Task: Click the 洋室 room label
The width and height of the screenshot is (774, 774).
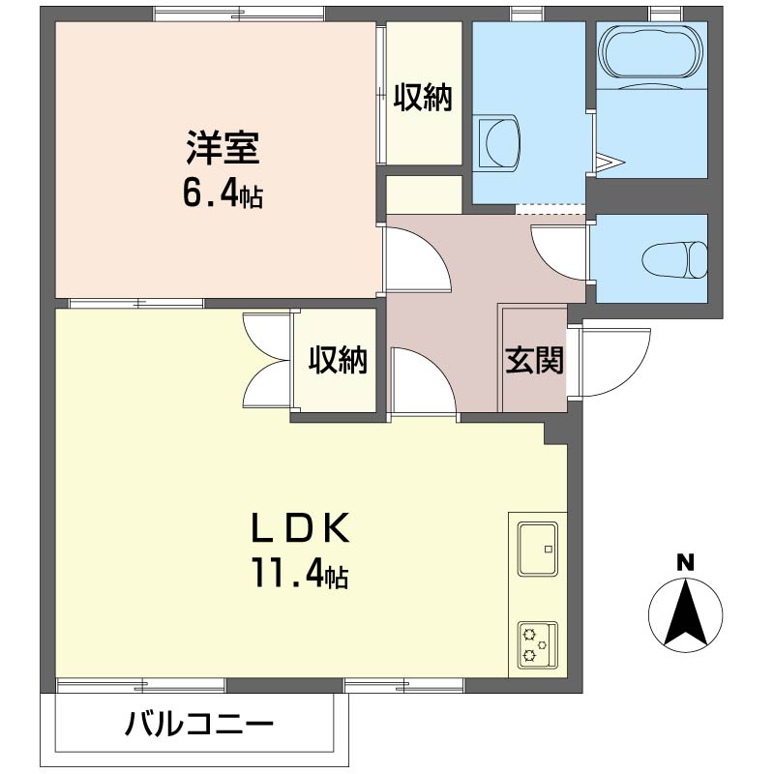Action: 223,147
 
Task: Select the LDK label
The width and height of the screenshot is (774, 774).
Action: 301,527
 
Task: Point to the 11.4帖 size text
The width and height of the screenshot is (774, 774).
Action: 301,573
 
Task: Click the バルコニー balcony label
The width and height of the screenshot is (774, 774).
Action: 199,725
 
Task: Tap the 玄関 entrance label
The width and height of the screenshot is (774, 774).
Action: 535,360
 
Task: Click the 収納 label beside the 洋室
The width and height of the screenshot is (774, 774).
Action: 423,98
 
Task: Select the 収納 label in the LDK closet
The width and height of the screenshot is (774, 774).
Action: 338,360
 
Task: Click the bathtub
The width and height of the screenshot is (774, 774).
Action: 651,51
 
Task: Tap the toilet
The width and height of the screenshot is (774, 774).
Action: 675,258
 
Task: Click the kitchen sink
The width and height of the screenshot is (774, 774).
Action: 538,549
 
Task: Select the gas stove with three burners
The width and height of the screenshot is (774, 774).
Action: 538,645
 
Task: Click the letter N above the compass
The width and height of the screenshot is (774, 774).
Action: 685,563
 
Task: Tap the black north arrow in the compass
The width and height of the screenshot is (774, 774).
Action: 685,613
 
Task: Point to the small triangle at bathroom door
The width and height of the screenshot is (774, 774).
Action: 609,162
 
